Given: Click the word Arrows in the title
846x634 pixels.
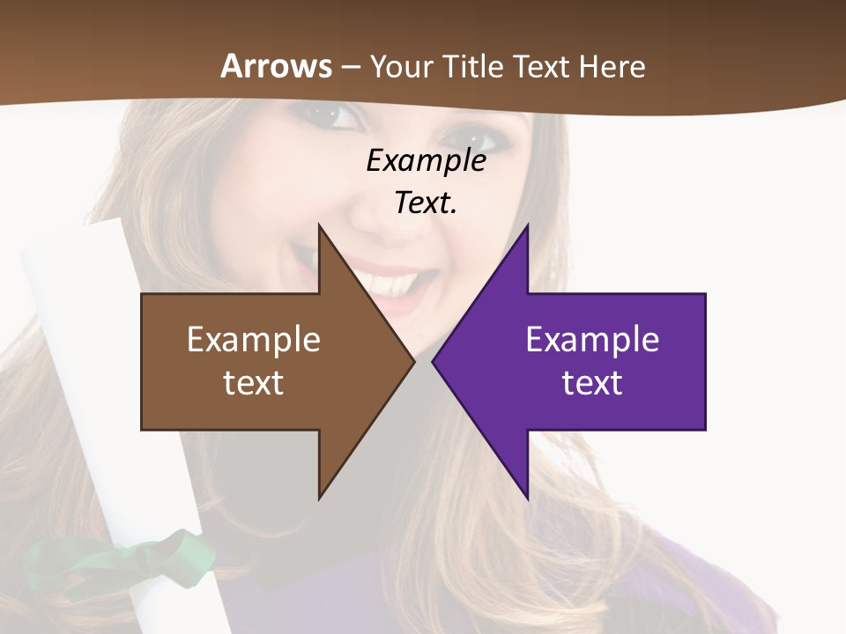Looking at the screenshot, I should click(x=276, y=66).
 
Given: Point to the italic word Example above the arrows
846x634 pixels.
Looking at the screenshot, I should click(x=427, y=161).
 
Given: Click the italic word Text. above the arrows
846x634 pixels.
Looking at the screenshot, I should click(x=426, y=203).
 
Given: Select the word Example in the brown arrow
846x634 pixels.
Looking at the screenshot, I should click(x=254, y=340).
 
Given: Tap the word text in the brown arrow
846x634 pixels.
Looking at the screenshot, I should click(x=254, y=383).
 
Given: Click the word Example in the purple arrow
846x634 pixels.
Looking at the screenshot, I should click(x=592, y=340).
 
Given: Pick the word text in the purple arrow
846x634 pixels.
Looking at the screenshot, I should click(x=592, y=383).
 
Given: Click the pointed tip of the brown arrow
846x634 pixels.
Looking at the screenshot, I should click(x=412, y=361).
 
